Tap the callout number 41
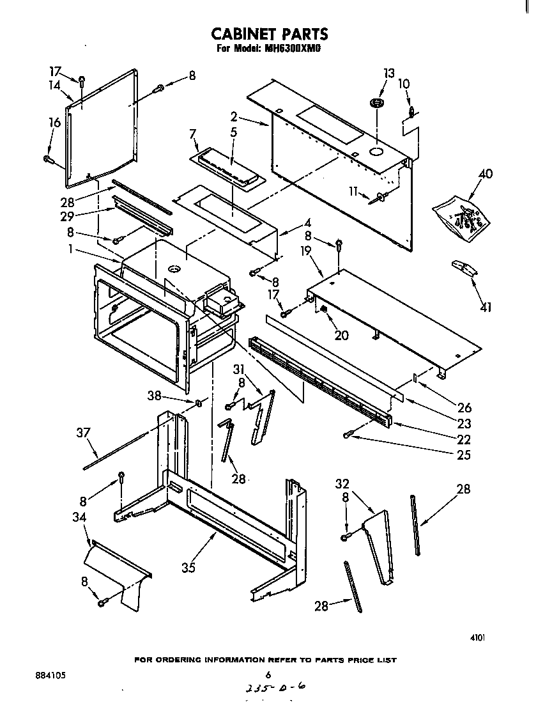[486, 308]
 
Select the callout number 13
[388, 73]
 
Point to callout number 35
[187, 567]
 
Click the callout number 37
[84, 433]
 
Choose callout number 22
[464, 439]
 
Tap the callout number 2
[234, 116]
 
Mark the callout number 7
[192, 134]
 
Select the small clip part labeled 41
[464, 268]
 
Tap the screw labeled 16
[48, 159]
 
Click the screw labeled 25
[348, 435]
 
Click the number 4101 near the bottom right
[477, 637]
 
